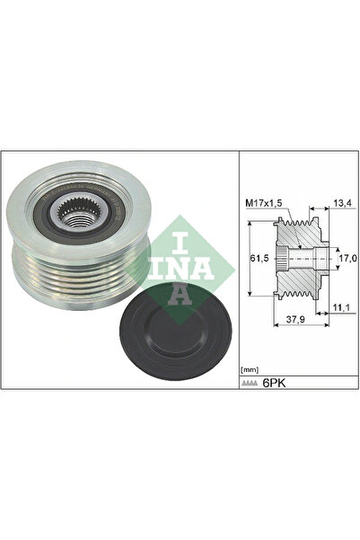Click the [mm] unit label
tap(250, 369)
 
